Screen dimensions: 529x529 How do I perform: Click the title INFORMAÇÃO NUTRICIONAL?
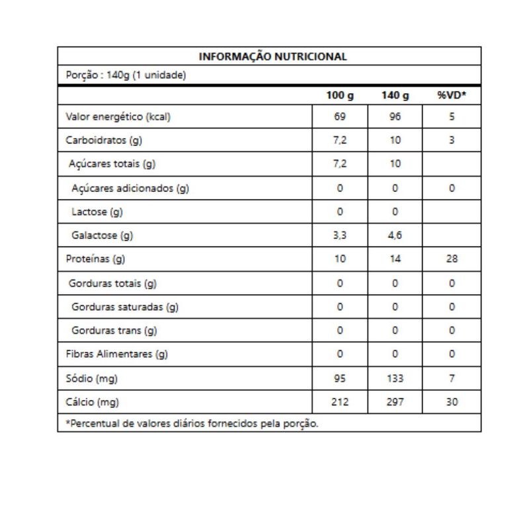pyautogui.click(x=272, y=56)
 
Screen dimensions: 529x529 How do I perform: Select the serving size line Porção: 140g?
pyautogui.click(x=126, y=75)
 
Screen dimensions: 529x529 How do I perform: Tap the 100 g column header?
pyautogui.click(x=340, y=96)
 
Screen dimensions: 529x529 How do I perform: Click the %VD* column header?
pyautogui.click(x=452, y=96)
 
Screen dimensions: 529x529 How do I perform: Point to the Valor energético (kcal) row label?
pyautogui.click(x=118, y=117)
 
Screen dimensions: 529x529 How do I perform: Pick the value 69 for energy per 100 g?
pyautogui.click(x=340, y=117)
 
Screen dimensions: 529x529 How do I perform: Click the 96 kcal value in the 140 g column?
pyautogui.click(x=395, y=117)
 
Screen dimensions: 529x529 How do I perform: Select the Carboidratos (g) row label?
pyautogui.click(x=104, y=140)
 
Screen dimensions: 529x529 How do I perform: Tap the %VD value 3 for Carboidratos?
pyautogui.click(x=452, y=140)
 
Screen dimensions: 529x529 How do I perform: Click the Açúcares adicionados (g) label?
pyautogui.click(x=130, y=188)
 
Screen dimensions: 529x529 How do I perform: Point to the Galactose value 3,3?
pyautogui.click(x=340, y=235)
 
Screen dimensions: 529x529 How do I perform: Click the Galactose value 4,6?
pyautogui.click(x=395, y=235)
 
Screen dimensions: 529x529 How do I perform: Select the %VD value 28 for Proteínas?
pyautogui.click(x=452, y=259)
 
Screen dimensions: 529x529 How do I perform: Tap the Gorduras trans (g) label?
pyautogui.click(x=114, y=330)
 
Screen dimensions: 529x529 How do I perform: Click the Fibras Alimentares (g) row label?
pyautogui.click(x=117, y=354)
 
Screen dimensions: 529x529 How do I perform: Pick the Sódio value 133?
pyautogui.click(x=395, y=378)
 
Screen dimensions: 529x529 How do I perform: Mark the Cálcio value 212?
pyautogui.click(x=340, y=401)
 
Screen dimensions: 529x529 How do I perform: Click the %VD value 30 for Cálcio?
pyautogui.click(x=452, y=401)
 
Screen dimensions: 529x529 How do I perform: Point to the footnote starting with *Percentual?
pyautogui.click(x=192, y=423)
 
